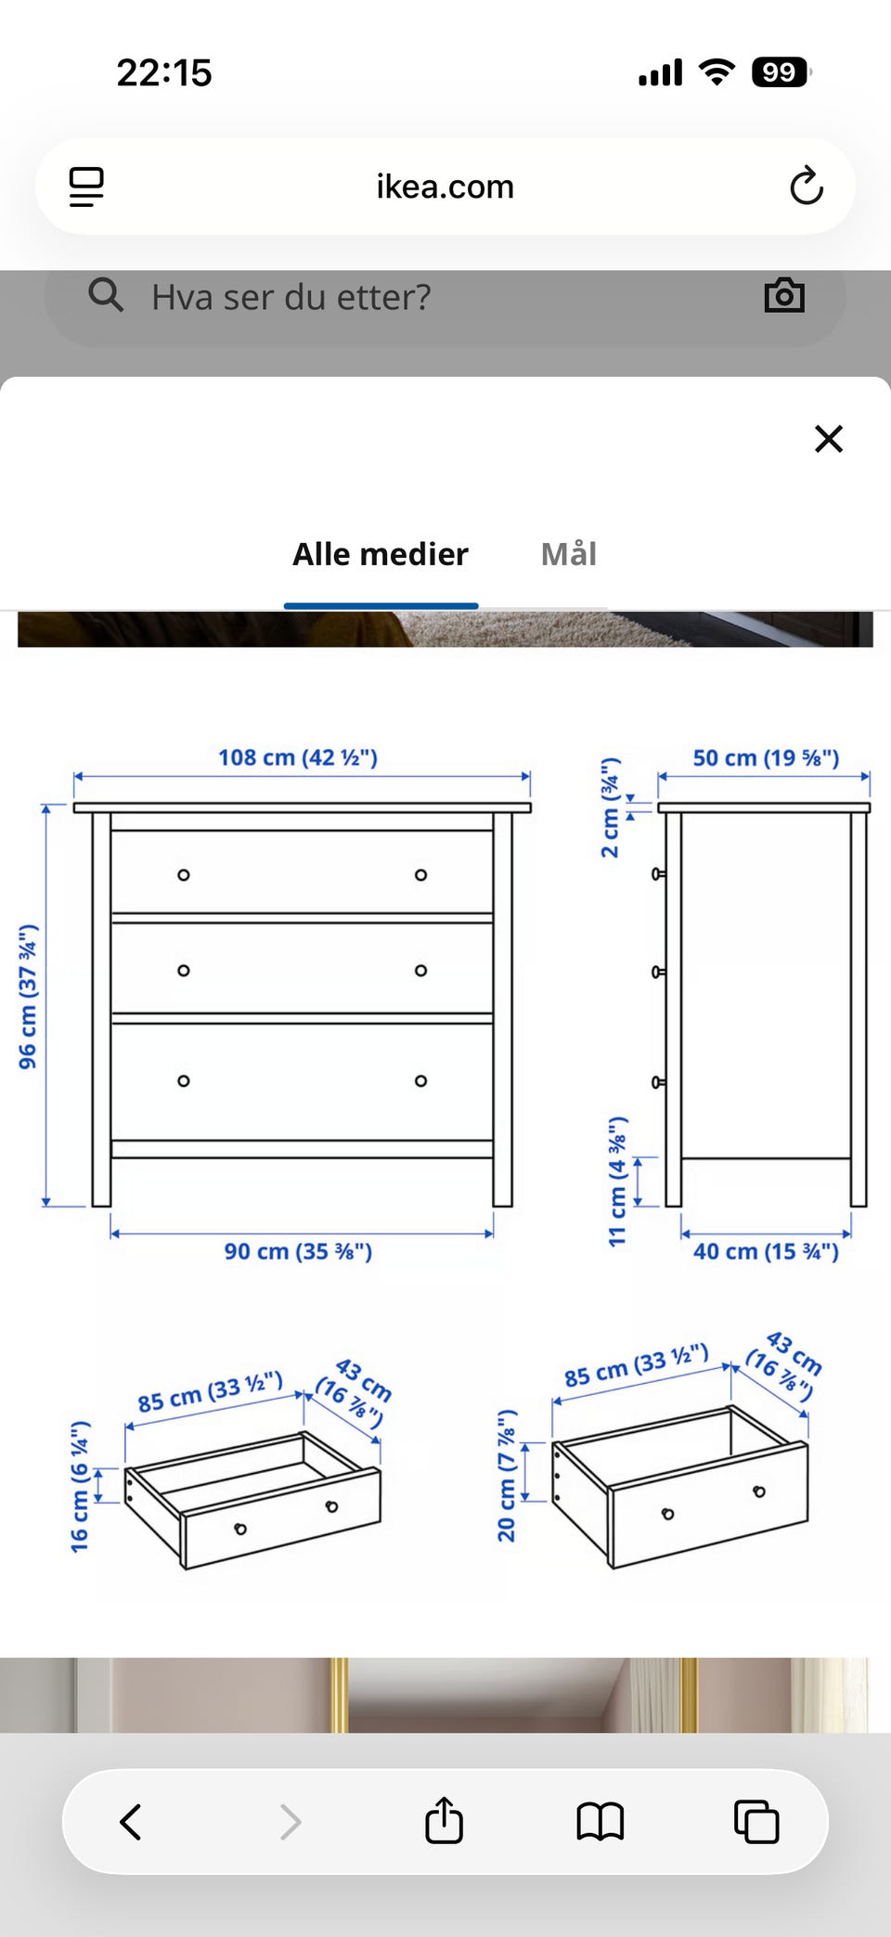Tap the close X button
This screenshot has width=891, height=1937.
click(x=828, y=438)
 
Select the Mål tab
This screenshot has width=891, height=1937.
click(x=568, y=554)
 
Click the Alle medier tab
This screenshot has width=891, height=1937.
click(x=381, y=554)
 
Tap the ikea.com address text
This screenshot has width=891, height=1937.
click(x=445, y=187)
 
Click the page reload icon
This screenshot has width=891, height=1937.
click(x=806, y=186)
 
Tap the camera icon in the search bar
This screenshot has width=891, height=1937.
click(x=784, y=296)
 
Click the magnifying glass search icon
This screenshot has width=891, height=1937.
click(x=106, y=295)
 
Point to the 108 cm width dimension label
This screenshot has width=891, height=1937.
click(x=298, y=757)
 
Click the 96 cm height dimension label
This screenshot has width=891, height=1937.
click(x=29, y=996)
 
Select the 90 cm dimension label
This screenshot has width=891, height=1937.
click(x=298, y=1251)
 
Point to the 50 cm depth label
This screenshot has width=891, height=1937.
click(x=766, y=757)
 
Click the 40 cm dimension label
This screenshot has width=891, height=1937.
click(x=766, y=1251)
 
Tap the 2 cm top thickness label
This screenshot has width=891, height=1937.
click(x=610, y=807)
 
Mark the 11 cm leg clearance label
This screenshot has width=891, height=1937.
click(x=617, y=1182)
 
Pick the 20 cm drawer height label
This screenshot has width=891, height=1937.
click(x=507, y=1476)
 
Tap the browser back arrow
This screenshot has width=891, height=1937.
click(x=131, y=1821)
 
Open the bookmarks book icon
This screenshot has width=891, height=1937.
click(x=600, y=1821)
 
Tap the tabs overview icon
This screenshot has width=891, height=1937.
click(x=756, y=1821)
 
